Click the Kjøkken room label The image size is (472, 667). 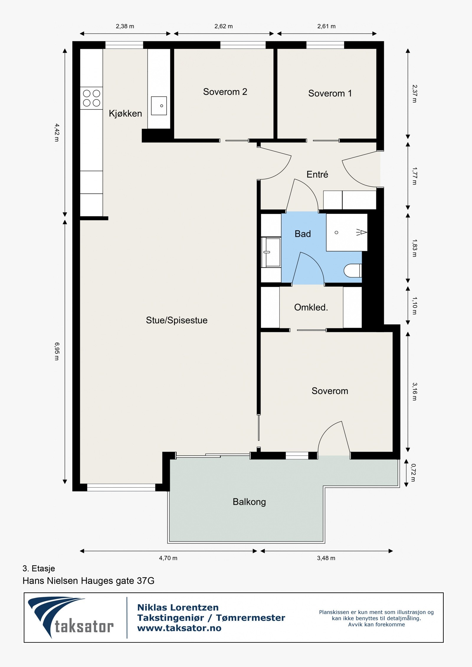[125, 113]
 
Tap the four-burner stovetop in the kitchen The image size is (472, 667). [91, 98]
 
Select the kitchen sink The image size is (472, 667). [159, 106]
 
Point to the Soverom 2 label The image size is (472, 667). [225, 92]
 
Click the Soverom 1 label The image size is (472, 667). [330, 93]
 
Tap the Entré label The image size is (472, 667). [317, 174]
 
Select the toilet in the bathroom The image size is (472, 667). [353, 270]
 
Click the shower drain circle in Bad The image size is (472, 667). [336, 233]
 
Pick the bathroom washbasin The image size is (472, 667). [271, 252]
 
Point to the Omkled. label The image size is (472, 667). [311, 307]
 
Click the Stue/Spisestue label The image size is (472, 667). [177, 320]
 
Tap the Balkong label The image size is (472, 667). [249, 502]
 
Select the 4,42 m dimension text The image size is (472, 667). [57, 132]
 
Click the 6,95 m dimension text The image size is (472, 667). [57, 351]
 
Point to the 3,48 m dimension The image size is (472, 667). [326, 558]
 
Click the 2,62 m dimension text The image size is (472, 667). [224, 26]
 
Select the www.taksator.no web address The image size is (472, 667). [179, 628]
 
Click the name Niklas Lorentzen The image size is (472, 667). [178, 607]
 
